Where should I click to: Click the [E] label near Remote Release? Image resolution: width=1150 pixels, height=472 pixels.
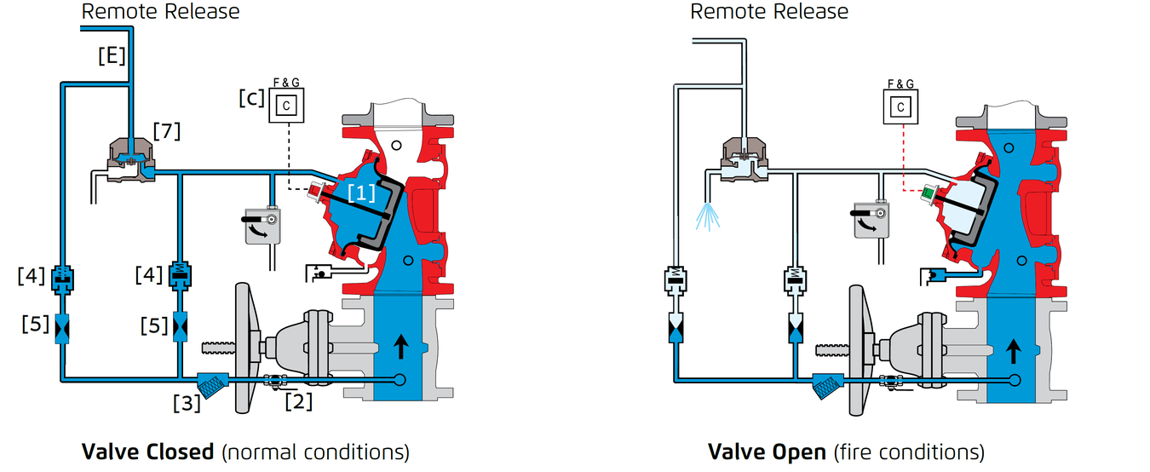[112, 55]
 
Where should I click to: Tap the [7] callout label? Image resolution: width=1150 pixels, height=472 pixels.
[167, 131]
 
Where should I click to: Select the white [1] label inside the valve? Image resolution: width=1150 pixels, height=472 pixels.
[361, 193]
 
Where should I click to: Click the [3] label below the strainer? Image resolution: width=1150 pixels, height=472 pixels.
[187, 403]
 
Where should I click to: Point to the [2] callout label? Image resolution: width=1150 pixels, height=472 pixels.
[299, 401]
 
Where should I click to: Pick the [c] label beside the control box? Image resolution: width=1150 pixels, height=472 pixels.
[251, 98]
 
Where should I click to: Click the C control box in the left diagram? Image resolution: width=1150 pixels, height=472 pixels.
[286, 106]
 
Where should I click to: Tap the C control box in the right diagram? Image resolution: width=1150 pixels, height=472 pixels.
[900, 106]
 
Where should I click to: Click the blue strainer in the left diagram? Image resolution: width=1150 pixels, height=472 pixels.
[213, 385]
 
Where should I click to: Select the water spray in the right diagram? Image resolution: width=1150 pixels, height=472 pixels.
[708, 216]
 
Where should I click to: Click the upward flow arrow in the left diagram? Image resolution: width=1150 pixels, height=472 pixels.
[400, 347]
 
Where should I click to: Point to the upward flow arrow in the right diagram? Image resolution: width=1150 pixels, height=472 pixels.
[1013, 351]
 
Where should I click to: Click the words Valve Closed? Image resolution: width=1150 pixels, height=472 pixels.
[148, 452]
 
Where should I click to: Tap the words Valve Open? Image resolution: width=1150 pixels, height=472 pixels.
[767, 452]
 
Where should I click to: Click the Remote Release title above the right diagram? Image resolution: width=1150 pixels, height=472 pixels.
[769, 11]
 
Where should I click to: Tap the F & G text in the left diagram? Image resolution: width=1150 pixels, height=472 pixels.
[286, 82]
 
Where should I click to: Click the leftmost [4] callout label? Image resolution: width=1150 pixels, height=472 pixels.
[32, 276]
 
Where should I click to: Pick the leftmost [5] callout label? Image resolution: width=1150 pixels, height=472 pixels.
[36, 324]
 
